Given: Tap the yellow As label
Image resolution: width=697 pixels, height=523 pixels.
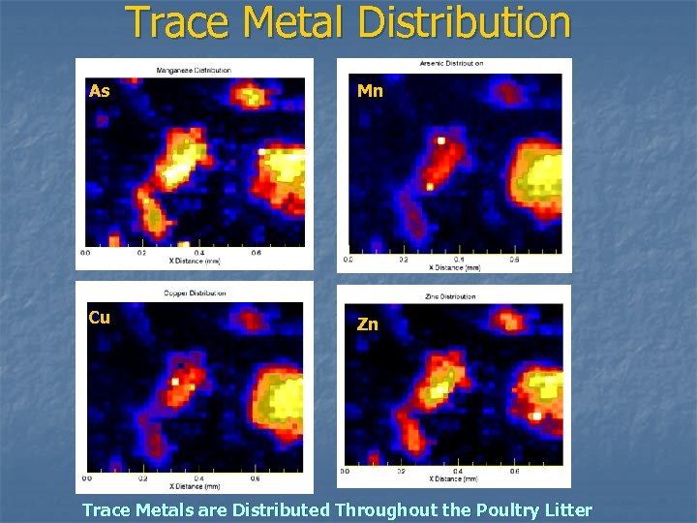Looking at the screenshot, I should pyautogui.click(x=99, y=91).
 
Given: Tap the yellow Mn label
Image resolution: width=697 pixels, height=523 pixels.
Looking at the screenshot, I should pyautogui.click(x=370, y=91).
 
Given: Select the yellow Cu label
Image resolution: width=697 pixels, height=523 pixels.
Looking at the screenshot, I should pyautogui.click(x=99, y=318).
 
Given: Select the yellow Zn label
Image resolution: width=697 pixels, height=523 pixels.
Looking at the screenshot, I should pyautogui.click(x=368, y=324).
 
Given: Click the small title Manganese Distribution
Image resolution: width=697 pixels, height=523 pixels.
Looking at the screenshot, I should pyautogui.click(x=194, y=70).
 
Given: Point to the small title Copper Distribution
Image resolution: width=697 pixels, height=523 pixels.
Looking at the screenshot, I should pyautogui.click(x=194, y=292).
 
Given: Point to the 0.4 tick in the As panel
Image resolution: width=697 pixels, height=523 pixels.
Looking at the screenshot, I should pyautogui.click(x=199, y=254).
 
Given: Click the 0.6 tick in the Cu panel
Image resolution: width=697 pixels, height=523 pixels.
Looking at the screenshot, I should pyautogui.click(x=256, y=478).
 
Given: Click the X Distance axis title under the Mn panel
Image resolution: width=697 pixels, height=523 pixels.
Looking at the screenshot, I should pyautogui.click(x=453, y=267).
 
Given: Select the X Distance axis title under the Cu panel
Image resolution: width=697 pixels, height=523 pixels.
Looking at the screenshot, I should pyautogui.click(x=194, y=486).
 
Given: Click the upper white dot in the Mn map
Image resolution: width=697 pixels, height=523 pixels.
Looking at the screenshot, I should pyautogui.click(x=440, y=140).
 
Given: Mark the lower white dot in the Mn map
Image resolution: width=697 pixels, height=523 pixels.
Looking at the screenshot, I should pyautogui.click(x=430, y=185).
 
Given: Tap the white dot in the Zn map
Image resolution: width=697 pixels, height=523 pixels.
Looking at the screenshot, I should pyautogui.click(x=535, y=415).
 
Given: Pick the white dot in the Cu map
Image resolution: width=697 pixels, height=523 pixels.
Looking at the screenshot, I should pyautogui.click(x=175, y=382).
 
